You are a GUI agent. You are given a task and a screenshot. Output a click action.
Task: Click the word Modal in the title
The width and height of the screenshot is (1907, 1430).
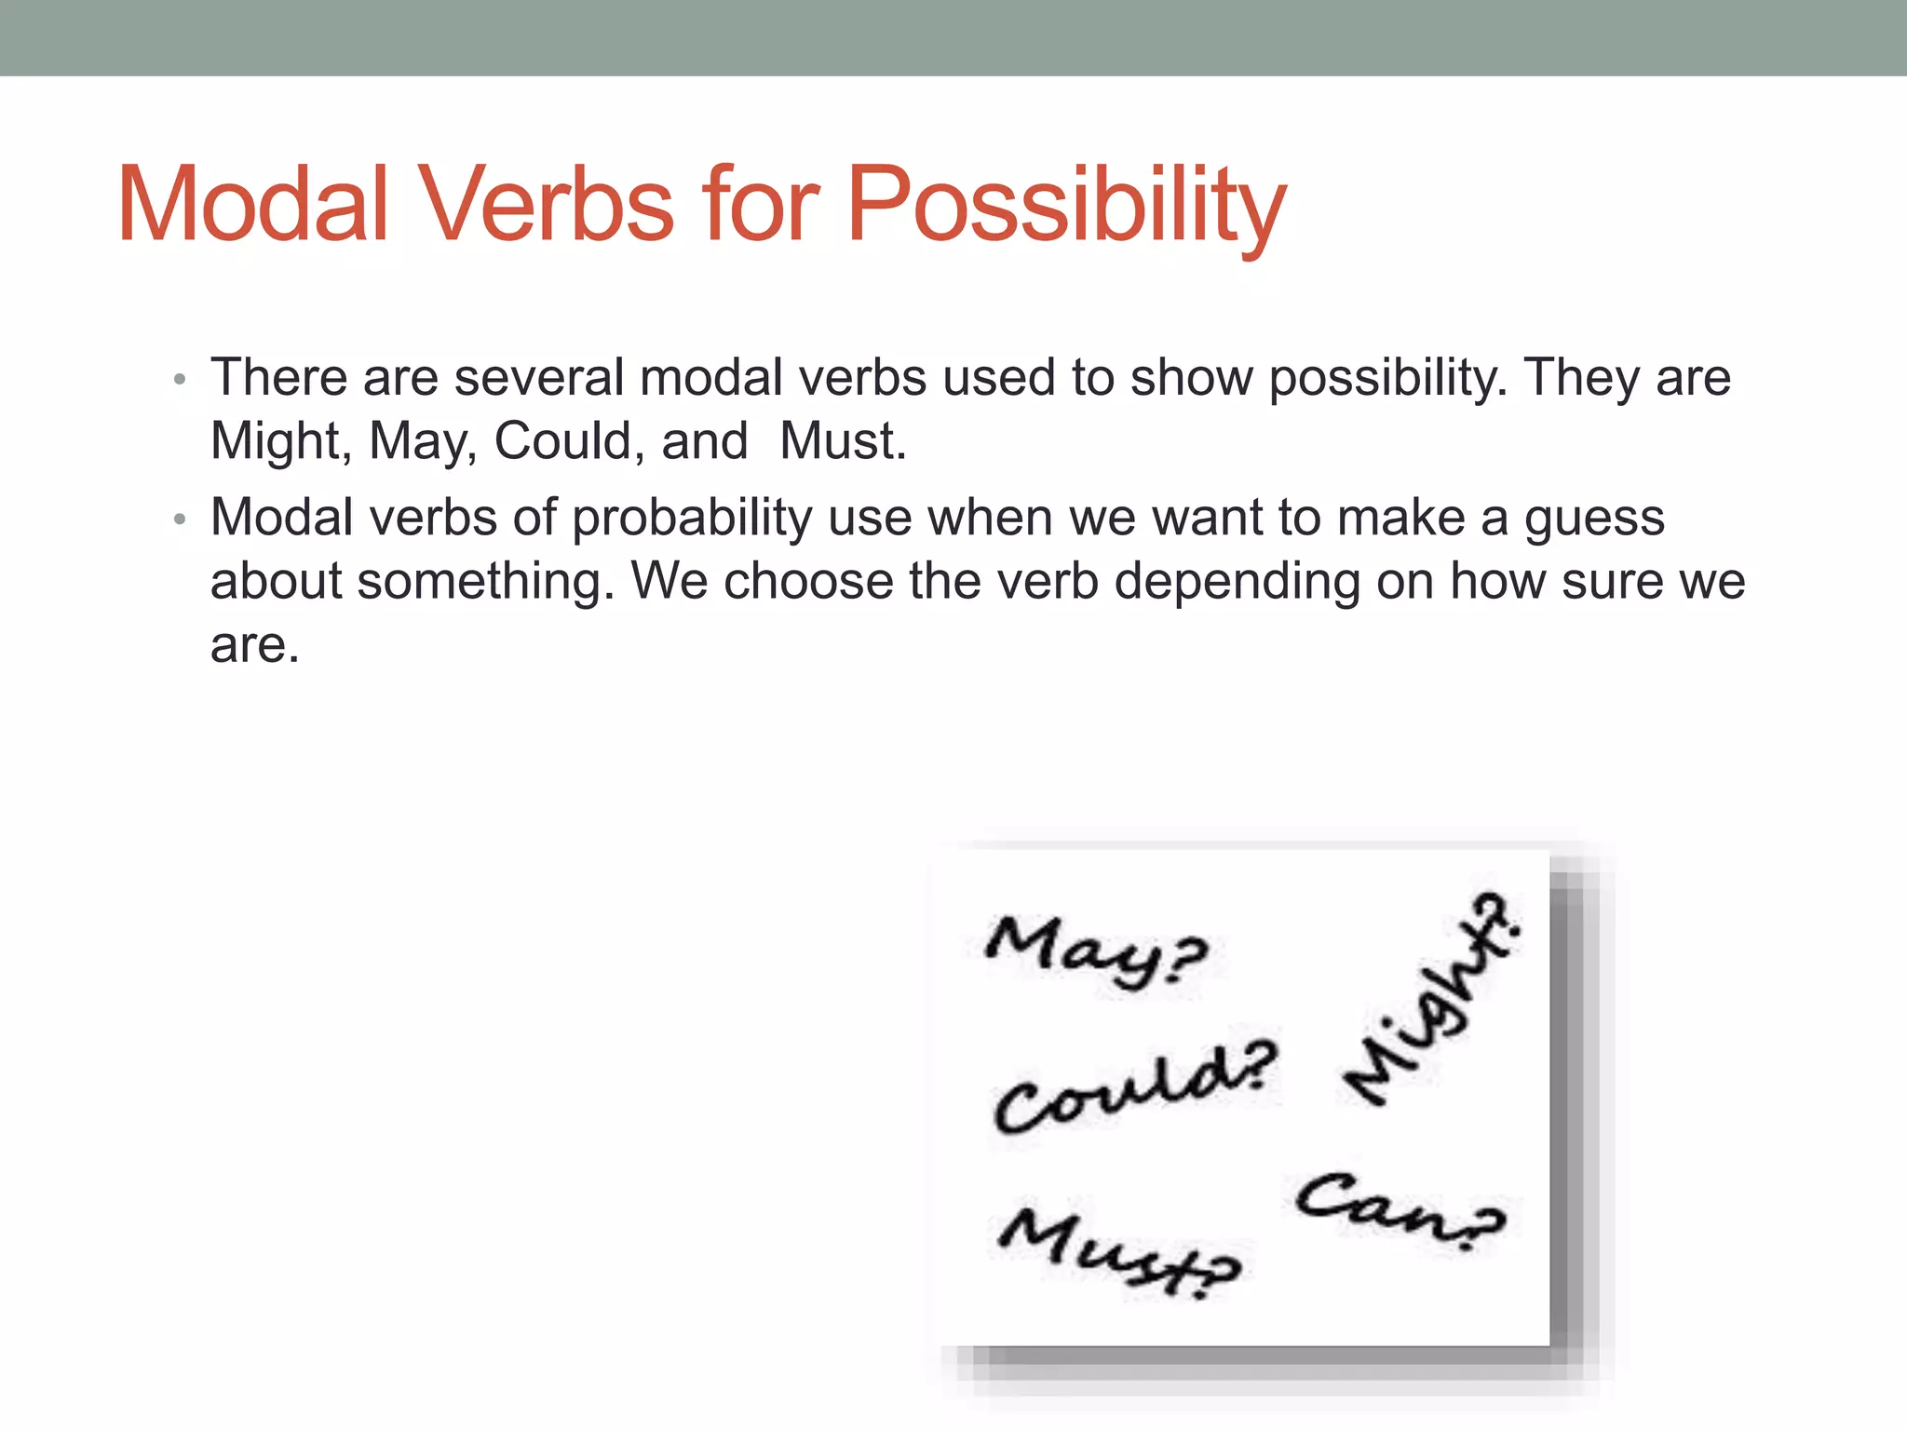click(x=252, y=205)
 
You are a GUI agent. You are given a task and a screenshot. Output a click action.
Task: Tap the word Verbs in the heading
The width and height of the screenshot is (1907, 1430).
click(x=548, y=205)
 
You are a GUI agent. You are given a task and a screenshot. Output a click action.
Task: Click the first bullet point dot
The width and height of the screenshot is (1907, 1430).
click(x=180, y=380)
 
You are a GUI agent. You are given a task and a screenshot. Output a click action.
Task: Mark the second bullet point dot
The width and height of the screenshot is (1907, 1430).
click(x=180, y=519)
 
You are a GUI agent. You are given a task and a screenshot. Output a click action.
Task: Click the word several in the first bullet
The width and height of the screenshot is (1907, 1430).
click(x=539, y=378)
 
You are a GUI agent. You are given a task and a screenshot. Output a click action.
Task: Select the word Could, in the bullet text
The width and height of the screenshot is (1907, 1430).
click(x=569, y=441)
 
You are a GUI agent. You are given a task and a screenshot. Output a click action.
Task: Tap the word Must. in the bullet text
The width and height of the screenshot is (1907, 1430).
click(x=843, y=441)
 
